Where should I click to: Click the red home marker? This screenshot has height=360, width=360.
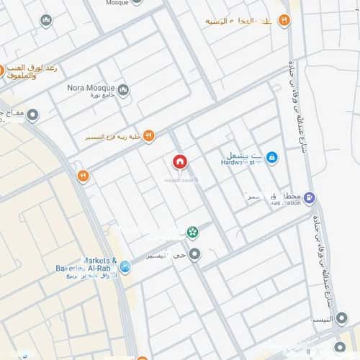pyautogui.click(x=179, y=162)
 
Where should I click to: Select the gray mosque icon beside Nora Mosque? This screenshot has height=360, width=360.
pyautogui.click(x=123, y=90)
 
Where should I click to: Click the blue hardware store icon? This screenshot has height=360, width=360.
pyautogui.click(x=271, y=156)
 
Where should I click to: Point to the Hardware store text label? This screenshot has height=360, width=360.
pyautogui.click(x=240, y=163)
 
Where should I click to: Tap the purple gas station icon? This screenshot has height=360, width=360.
pyautogui.click(x=309, y=197)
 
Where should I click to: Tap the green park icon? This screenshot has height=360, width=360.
pyautogui.click(x=192, y=232)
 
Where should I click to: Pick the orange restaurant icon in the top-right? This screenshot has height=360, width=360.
pyautogui.click(x=284, y=21)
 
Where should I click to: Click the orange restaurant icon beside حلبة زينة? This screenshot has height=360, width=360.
pyautogui.click(x=148, y=135)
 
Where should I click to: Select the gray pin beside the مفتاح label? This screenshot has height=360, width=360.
pyautogui.click(x=33, y=114)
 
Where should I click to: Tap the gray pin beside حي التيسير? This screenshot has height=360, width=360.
pyautogui.click(x=194, y=254)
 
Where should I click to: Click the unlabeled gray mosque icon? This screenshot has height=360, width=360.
pyautogui.click(x=47, y=20)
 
